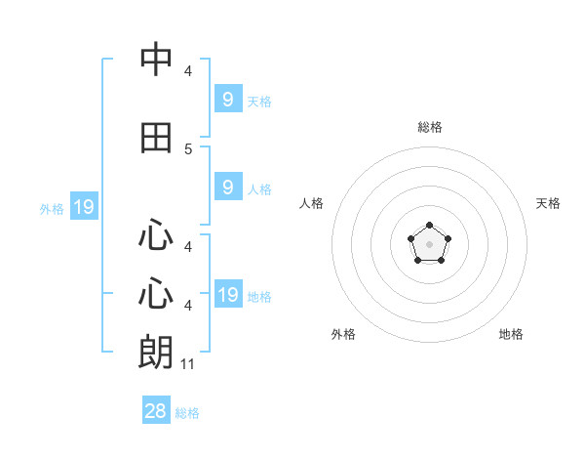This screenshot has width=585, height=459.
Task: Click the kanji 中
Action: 157,60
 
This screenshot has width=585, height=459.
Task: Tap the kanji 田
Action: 157,139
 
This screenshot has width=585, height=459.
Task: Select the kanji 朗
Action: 157,352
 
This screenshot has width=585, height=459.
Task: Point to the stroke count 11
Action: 188,364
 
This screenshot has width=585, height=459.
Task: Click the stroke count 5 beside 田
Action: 188,149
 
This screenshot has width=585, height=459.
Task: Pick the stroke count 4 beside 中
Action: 188,71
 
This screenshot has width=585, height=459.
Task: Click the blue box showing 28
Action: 156,411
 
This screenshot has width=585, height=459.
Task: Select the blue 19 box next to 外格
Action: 83,207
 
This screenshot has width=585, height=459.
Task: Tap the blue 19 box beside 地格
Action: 228,295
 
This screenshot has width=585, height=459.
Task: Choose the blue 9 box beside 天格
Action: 228,100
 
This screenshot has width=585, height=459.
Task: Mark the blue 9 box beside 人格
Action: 228,188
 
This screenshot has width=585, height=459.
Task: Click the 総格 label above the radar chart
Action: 430,127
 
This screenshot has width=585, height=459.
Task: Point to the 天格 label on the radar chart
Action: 549,203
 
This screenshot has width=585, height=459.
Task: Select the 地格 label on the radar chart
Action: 511,334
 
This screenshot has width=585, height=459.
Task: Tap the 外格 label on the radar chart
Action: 343,334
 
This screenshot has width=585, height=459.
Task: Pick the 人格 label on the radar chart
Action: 312,203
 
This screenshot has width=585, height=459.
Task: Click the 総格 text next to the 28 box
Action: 188,413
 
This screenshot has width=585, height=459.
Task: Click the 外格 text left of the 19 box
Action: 52,208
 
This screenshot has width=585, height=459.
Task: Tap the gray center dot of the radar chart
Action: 430,244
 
